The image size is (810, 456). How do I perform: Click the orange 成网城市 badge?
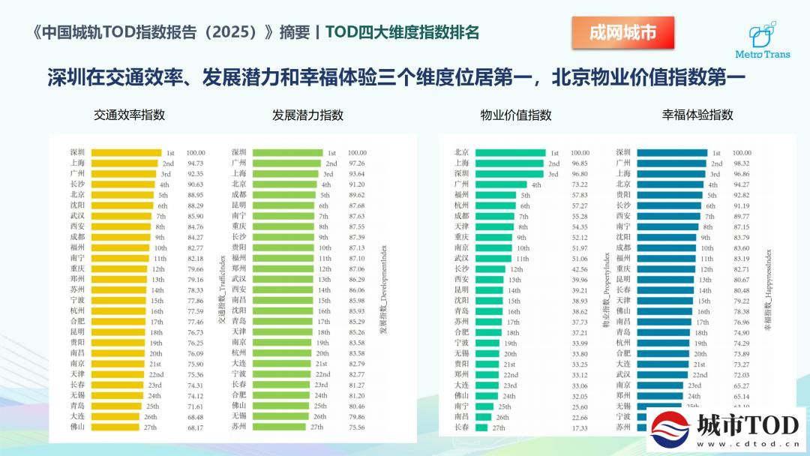622,34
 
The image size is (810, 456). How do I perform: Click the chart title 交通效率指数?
129,115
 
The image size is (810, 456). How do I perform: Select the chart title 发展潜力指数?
307,115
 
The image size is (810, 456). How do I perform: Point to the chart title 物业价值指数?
515,115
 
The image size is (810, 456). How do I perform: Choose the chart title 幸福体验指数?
697,115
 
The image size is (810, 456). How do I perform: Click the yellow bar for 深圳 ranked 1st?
129,152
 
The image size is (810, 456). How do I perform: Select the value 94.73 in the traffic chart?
196,163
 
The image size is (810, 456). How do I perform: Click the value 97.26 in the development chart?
358,163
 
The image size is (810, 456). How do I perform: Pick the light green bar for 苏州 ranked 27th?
278,427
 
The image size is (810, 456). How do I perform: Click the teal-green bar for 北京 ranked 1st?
510,152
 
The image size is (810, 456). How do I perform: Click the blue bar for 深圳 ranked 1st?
671,152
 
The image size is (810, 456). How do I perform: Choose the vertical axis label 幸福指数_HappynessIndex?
767,291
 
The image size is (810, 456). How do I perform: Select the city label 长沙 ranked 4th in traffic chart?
78,184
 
